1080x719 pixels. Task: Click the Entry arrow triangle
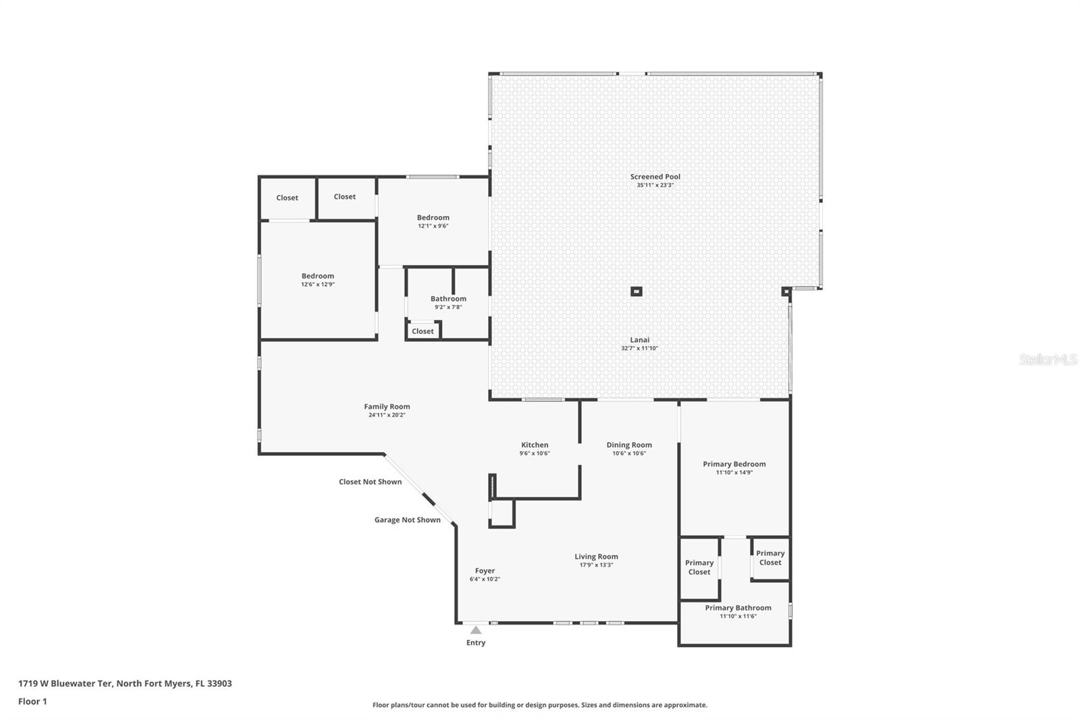[476, 630]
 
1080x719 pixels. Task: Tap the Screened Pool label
[655, 177]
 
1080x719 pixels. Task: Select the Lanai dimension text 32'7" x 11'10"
[639, 349]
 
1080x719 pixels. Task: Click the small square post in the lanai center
[636, 291]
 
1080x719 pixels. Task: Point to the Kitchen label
[535, 445]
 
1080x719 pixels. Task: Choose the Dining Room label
[629, 445]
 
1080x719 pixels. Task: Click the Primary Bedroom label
[734, 464]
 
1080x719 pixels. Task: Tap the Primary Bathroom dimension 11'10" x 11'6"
[738, 616]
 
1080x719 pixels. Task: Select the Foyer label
[485, 571]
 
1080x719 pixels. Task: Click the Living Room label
[596, 556]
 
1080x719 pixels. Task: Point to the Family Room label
[387, 407]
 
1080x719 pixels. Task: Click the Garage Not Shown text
[407, 520]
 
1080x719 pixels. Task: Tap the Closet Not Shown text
[370, 482]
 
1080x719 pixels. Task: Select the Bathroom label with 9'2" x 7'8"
[448, 299]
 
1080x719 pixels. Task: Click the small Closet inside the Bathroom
[423, 331]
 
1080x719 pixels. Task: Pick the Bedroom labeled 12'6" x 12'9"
[317, 276]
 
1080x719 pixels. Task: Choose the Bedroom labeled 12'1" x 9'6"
[433, 218]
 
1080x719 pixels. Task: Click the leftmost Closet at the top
[287, 198]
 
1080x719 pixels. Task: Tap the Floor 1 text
[32, 701]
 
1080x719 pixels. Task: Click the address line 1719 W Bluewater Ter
[125, 683]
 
